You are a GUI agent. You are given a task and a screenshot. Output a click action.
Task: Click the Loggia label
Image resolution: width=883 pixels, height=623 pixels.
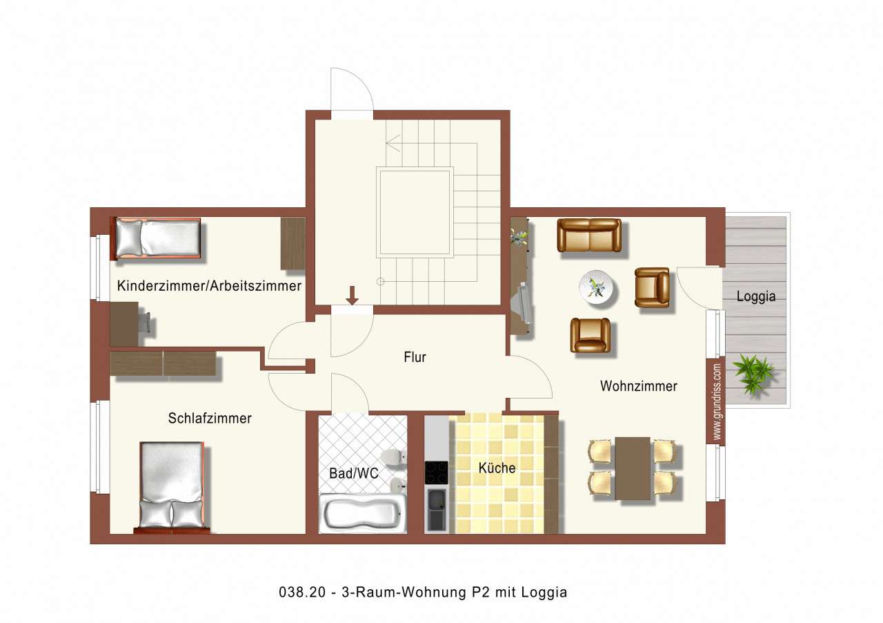click(756, 297)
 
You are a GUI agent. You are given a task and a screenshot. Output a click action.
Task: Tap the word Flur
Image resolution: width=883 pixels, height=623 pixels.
click(415, 357)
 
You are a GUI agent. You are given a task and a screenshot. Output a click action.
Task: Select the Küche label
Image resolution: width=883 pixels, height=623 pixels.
click(497, 468)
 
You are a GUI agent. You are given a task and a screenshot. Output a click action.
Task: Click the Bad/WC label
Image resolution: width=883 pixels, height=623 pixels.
click(353, 474)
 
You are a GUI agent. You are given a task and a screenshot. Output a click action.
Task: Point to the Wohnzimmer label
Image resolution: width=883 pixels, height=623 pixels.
click(638, 386)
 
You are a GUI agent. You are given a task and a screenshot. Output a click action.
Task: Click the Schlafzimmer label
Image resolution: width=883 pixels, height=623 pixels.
click(210, 419)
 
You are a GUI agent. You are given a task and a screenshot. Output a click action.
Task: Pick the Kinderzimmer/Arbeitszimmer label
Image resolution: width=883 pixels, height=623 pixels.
click(209, 286)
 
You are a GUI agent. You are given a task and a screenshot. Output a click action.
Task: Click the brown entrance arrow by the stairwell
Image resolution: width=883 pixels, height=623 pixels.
click(353, 296)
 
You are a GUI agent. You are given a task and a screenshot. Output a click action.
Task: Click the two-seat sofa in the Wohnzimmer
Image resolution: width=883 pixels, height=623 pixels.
click(589, 236)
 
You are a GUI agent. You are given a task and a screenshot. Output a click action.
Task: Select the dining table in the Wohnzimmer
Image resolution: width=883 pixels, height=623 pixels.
click(633, 468)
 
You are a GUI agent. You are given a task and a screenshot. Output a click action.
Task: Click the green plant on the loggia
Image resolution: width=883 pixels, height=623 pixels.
click(753, 374)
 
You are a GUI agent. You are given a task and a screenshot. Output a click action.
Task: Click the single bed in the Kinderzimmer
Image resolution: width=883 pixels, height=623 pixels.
click(157, 238)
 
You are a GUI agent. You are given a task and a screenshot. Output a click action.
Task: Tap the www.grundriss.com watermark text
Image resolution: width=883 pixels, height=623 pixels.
click(717, 402)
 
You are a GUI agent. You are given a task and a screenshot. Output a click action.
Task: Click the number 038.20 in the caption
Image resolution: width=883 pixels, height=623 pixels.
click(297, 592)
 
